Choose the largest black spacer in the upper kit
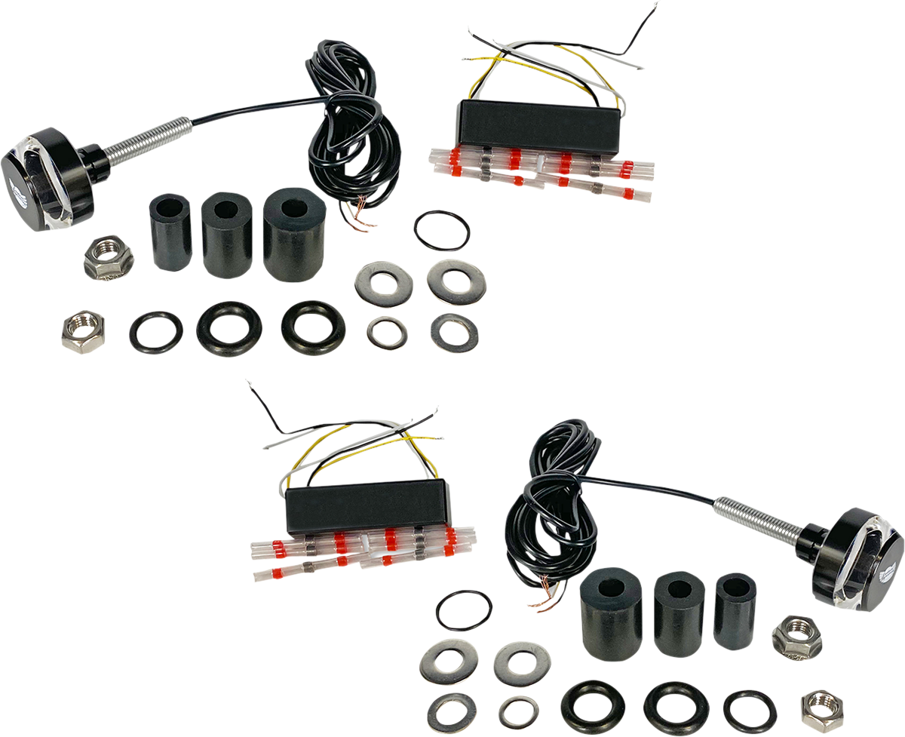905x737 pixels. [293, 235]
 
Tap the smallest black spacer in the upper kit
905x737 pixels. [172, 232]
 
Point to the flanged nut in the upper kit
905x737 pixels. [108, 257]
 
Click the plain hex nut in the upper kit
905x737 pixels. [83, 330]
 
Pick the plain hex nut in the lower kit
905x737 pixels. [822, 708]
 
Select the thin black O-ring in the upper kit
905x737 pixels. [443, 229]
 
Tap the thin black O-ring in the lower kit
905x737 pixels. [464, 610]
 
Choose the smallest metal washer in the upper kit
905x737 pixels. [387, 333]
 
